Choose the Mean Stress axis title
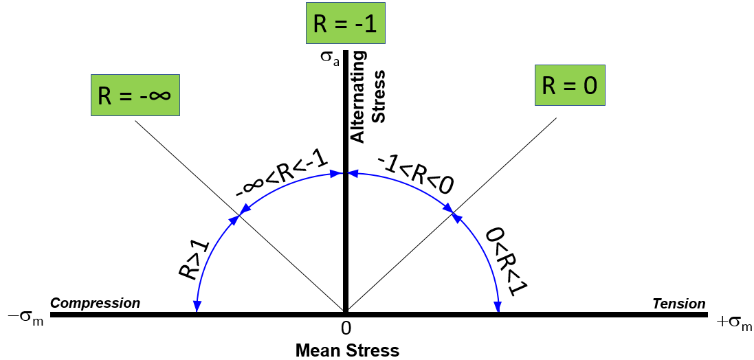[347, 350]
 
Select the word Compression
[96, 303]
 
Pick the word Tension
[679, 304]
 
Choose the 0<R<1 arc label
[502, 261]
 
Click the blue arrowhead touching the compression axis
[197, 307]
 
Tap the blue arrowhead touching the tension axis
[498, 307]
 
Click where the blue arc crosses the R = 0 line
[454, 216]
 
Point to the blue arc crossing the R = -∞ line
[240, 217]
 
